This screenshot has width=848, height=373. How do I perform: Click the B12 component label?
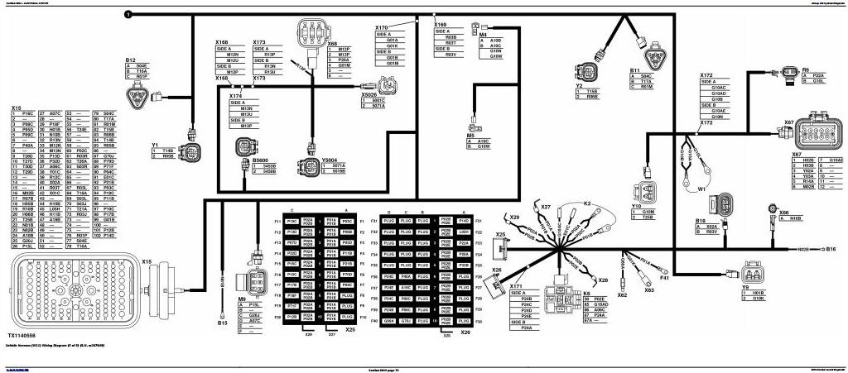coord(130,60)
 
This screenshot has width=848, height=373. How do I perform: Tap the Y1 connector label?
coord(155,144)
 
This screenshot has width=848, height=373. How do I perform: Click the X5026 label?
coord(369,95)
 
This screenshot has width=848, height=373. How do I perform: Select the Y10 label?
coord(636,206)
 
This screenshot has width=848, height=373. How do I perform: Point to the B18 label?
coord(700,221)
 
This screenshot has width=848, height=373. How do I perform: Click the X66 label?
coord(783,213)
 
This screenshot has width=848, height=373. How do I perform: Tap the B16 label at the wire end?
coord(831,248)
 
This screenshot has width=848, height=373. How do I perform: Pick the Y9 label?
coord(745,287)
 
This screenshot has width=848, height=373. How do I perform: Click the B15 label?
coord(222,323)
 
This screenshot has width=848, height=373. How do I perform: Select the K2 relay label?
coord(587,203)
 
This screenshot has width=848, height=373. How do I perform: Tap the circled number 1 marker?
coord(127,15)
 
